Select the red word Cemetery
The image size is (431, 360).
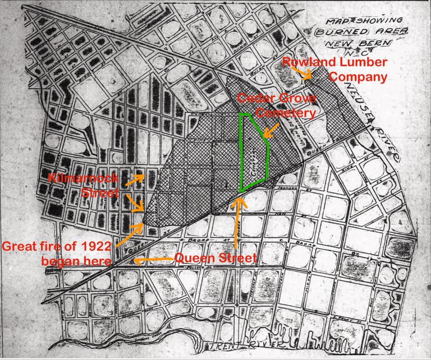285,113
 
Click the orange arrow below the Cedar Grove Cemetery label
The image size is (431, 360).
270,130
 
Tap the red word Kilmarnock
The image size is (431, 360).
91,179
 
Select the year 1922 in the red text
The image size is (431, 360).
98,246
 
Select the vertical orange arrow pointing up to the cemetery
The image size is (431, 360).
238,222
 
